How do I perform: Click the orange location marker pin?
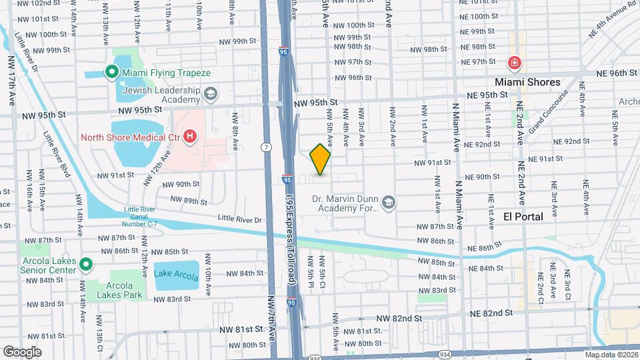click(x=321, y=159)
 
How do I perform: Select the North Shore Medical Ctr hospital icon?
click(x=190, y=138)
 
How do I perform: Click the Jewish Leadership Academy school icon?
click(x=211, y=93)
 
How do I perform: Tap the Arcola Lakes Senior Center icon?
click(x=85, y=265)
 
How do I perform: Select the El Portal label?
click(x=523, y=217)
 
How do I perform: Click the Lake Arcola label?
click(x=176, y=273)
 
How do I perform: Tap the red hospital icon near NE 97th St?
click(x=514, y=64)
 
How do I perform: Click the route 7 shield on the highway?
click(x=267, y=147)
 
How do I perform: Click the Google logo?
click(x=22, y=351)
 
